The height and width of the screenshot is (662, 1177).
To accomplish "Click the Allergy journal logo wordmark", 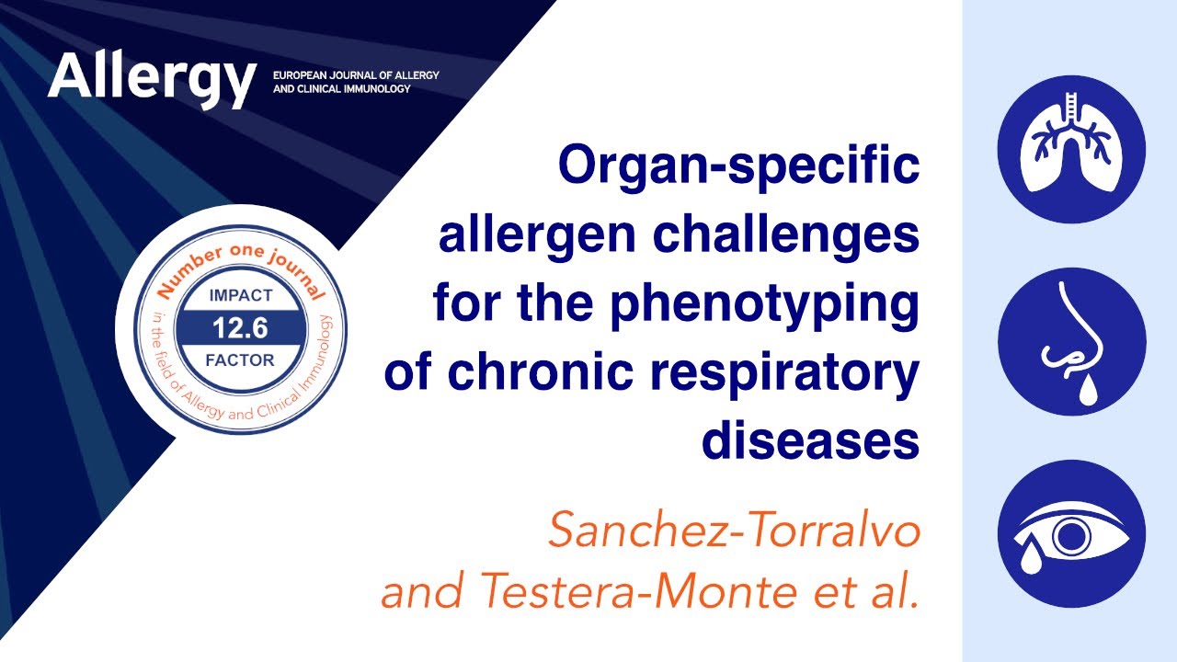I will (152, 78).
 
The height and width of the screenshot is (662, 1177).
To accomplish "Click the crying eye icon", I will (1071, 534).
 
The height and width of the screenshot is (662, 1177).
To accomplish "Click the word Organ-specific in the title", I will (738, 166).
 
